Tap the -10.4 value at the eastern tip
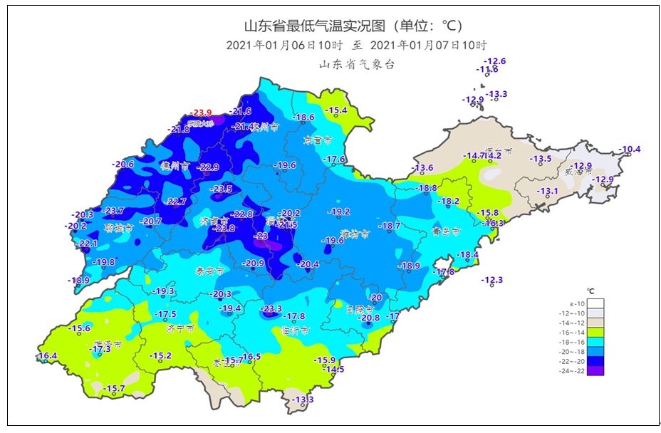coord(630,150)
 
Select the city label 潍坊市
coord(355,234)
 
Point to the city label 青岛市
coord(446,231)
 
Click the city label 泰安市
coord(209,271)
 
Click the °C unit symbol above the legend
coord(590,291)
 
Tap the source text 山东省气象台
coord(356,65)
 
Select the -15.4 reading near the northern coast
coord(336,110)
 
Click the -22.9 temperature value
coord(208,167)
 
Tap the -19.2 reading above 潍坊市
coord(339,212)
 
